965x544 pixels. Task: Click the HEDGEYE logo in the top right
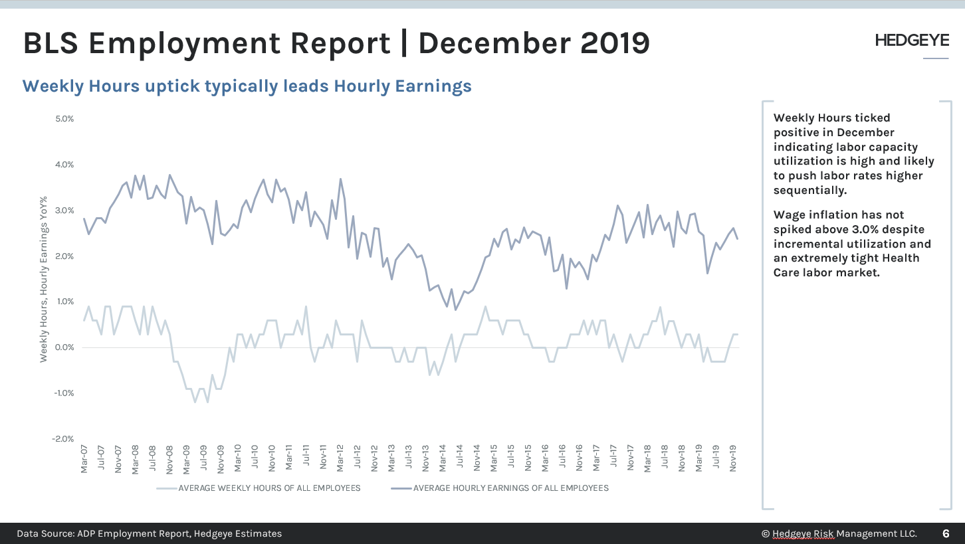point(912,41)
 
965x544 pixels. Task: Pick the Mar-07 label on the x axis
point(84,459)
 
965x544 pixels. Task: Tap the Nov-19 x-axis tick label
point(734,459)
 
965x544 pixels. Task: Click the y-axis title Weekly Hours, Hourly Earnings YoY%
point(44,279)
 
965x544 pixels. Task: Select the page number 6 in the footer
point(946,533)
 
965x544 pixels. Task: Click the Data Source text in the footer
point(149,533)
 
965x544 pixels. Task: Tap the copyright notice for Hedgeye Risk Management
point(839,533)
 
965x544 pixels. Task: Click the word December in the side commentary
point(863,132)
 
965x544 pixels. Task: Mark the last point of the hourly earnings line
point(738,239)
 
